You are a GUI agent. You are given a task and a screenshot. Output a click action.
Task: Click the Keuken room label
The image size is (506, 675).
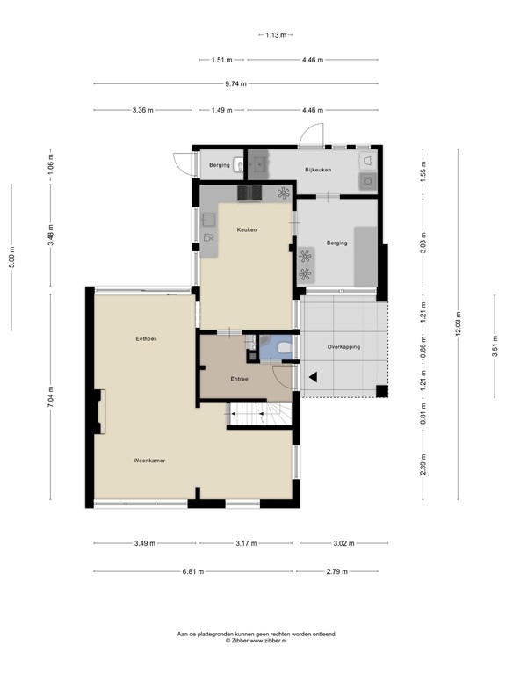(x=246, y=229)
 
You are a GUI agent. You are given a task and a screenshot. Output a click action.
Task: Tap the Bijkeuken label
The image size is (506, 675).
(x=317, y=169)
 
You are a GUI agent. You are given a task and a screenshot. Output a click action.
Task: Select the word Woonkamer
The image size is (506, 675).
(x=149, y=460)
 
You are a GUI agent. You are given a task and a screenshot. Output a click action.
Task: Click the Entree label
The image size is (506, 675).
(x=239, y=379)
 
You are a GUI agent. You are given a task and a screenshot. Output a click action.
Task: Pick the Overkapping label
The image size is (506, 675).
(x=344, y=346)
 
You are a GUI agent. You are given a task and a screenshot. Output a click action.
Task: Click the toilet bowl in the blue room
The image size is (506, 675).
(x=282, y=349)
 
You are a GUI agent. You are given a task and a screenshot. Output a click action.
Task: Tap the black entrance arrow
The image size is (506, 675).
(x=311, y=379)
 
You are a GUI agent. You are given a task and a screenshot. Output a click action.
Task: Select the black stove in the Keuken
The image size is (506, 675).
(x=249, y=192)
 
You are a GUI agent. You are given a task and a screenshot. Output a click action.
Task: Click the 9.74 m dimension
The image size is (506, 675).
(x=234, y=83)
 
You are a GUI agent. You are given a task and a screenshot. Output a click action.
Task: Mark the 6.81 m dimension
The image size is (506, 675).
(x=193, y=571)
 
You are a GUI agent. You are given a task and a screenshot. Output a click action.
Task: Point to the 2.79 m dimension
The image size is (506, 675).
(x=336, y=571)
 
